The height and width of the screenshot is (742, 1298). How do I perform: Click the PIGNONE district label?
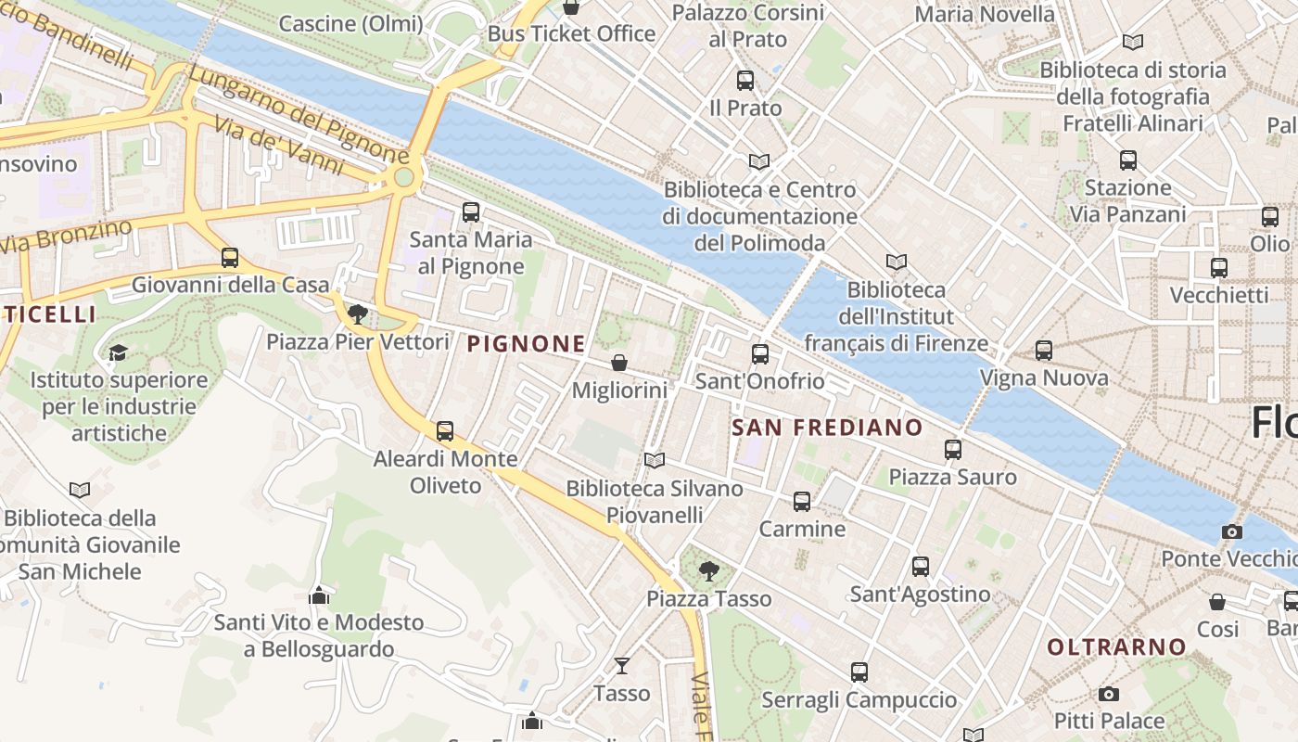click(x=526, y=344)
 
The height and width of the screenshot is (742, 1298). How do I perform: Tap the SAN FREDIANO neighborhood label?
click(x=827, y=428)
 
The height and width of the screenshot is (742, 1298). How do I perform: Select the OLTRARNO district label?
click(x=1116, y=646)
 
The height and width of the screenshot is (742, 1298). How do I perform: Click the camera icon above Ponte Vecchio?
click(x=1231, y=531)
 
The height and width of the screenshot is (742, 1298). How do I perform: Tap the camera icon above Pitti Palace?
click(x=1108, y=694)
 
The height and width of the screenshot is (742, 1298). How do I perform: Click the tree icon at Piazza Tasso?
click(x=709, y=570)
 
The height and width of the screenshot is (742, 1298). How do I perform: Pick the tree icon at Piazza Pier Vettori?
click(x=358, y=313)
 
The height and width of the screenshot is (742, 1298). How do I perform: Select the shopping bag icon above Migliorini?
click(x=619, y=363)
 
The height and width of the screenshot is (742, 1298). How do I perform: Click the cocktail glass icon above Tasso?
click(x=621, y=665)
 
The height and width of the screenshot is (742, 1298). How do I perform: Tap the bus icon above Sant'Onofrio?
click(x=760, y=353)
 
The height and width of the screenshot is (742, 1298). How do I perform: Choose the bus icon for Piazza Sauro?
click(x=953, y=450)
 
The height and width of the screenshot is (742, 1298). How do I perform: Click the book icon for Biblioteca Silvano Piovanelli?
click(x=655, y=460)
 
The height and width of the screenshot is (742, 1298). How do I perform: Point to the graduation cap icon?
click(x=118, y=352)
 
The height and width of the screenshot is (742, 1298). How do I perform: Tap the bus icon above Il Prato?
click(x=745, y=81)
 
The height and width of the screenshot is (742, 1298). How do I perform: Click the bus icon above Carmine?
click(x=802, y=502)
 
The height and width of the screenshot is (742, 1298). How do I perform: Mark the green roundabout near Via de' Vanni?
click(x=403, y=176)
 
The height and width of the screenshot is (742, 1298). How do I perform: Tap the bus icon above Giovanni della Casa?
click(x=230, y=258)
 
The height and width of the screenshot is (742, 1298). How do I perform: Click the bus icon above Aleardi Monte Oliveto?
click(x=445, y=431)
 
